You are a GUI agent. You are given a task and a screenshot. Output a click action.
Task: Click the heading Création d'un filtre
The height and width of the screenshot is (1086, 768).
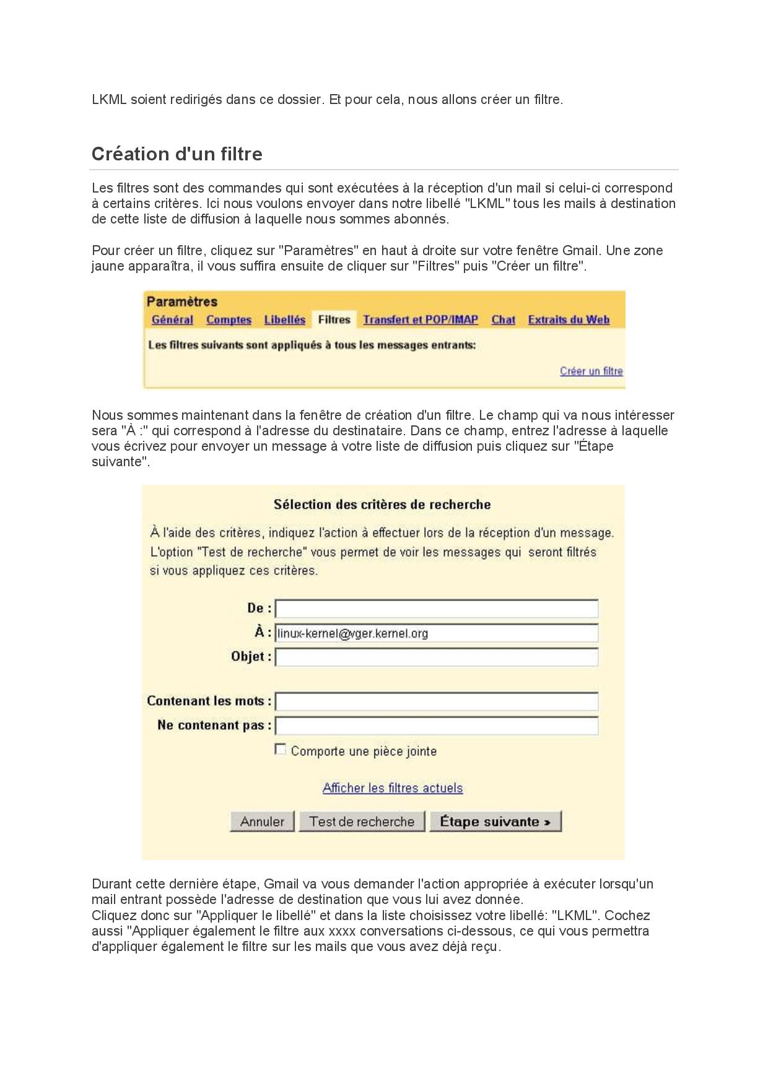coord(177,154)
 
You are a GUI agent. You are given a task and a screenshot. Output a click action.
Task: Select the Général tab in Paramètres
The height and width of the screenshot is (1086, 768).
coord(172,320)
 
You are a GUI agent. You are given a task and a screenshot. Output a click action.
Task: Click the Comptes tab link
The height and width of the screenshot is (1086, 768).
coord(229,320)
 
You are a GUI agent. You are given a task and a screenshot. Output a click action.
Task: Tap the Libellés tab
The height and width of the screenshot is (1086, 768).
coord(284,320)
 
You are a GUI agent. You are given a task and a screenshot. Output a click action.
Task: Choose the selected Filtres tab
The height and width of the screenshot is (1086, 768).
coord(334,319)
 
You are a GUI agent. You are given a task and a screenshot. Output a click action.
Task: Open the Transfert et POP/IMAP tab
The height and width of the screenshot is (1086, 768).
coord(421,320)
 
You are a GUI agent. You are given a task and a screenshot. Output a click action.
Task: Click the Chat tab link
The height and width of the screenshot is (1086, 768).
coord(503,320)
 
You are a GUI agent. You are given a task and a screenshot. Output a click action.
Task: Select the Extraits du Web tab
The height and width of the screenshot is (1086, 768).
coord(569,320)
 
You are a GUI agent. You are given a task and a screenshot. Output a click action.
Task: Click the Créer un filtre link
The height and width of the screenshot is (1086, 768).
coord(591,371)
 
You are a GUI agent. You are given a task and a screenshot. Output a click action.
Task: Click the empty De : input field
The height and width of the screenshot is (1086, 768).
coord(437,609)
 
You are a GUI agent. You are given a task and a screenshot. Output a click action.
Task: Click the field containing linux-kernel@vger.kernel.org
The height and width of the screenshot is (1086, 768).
coord(437,633)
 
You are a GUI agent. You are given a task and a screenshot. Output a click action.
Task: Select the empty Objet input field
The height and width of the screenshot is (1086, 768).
coord(437,657)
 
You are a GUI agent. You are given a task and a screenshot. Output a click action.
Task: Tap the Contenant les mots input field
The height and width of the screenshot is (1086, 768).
coord(437,702)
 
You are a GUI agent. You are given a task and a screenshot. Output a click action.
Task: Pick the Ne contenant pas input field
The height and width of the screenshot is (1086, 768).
coord(437,726)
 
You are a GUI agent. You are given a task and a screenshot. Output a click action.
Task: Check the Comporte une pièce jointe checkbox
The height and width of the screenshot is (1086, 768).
coord(281,750)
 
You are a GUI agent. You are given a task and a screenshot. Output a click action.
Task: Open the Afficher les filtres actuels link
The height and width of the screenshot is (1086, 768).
coord(393,788)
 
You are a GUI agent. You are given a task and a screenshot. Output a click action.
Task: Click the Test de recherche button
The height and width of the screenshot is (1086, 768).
coord(362,822)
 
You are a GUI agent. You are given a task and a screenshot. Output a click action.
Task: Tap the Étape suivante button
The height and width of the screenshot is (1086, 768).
coord(495,822)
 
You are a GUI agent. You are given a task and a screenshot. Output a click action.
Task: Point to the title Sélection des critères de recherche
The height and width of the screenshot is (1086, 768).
coord(382,505)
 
